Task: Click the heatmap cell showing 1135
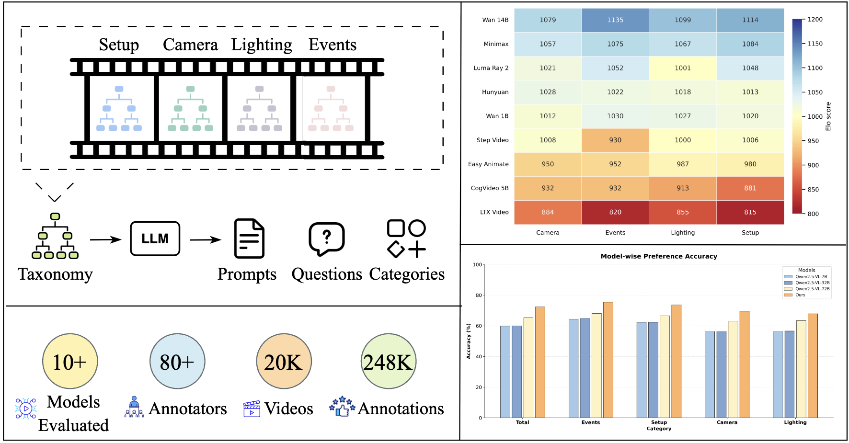[615, 20]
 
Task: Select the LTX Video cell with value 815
[750, 212]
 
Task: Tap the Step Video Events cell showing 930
[615, 140]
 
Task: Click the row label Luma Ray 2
[491, 68]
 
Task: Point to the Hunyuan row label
[495, 92]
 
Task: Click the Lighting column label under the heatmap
[682, 233]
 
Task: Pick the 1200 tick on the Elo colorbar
[815, 20]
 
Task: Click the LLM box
[155, 239]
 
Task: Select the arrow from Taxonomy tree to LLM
[105, 239]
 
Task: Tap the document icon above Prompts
[249, 239]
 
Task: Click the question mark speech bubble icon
[327, 238]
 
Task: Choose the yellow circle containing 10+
[70, 362]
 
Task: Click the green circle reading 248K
[388, 362]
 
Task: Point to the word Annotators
[188, 409]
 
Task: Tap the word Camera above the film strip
[190, 45]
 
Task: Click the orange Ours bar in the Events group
[608, 360]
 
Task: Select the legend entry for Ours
[800, 295]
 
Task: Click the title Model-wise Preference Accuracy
[659, 256]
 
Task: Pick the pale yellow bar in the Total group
[528, 367]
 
